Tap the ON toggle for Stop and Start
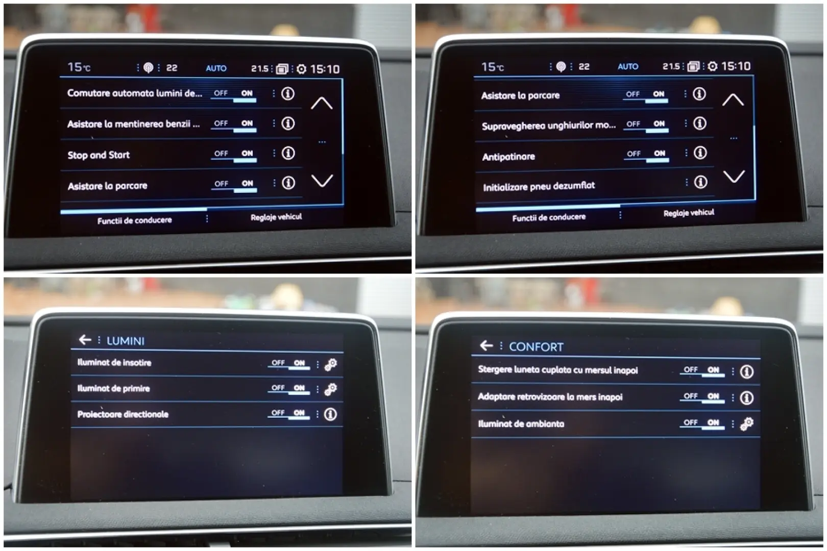[247, 154]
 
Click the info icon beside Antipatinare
[700, 153]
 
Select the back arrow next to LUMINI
[85, 340]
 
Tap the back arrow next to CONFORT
[486, 346]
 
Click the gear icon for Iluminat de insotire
[331, 364]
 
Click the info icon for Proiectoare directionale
[331, 414]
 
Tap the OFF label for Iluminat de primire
[278, 388]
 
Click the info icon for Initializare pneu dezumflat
[700, 182]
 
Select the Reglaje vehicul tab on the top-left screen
[276, 217]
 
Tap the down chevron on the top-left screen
[322, 181]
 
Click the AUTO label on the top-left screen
[216, 68]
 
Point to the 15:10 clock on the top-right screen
[736, 66]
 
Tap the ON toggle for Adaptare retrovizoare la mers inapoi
[713, 396]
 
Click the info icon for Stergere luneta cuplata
[746, 372]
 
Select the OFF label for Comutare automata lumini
[221, 93]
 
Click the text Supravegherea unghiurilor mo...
[548, 126]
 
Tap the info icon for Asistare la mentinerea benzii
[288, 123]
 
